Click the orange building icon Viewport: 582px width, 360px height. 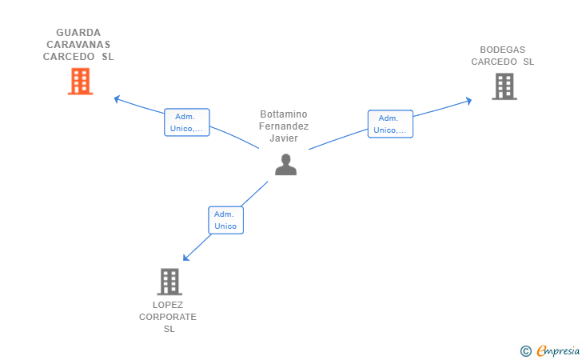(x=80, y=82)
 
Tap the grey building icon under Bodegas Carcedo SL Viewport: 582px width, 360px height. (x=504, y=86)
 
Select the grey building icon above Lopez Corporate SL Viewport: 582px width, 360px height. (x=169, y=282)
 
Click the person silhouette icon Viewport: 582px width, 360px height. (x=286, y=165)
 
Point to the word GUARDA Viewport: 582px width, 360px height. (x=78, y=33)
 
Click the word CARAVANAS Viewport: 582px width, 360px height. (x=78, y=45)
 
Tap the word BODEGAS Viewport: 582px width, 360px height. (x=503, y=50)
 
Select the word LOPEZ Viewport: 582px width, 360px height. (x=168, y=305)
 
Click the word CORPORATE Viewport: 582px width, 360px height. (x=168, y=317)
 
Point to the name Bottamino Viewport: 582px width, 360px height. (x=284, y=114)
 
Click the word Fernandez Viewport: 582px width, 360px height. (x=284, y=126)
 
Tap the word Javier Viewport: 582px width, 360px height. (x=284, y=138)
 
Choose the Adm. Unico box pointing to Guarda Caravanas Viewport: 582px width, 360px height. (x=187, y=122)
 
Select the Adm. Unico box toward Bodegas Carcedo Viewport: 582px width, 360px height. (x=390, y=124)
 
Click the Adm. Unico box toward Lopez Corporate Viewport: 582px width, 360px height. (x=225, y=220)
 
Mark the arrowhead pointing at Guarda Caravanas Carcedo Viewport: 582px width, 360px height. (x=117, y=99)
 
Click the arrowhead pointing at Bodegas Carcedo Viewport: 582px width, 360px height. (x=468, y=101)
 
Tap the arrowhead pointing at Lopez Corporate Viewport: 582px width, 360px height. (x=186, y=258)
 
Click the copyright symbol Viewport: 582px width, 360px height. (x=525, y=351)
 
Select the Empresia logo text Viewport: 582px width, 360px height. (x=558, y=350)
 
